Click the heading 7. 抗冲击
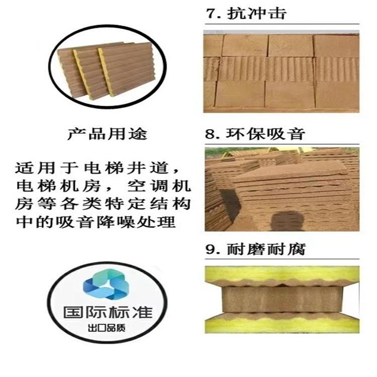click(246, 13)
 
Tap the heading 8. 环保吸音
click(255, 134)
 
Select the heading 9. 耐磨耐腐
click(255, 249)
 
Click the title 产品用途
click(107, 134)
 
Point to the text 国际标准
click(108, 312)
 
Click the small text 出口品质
click(107, 328)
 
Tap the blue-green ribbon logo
click(106, 286)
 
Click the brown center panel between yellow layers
click(282, 300)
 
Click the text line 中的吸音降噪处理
click(96, 222)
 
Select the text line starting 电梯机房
click(104, 186)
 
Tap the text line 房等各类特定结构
click(104, 204)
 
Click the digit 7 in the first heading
click(211, 14)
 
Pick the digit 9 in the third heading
click(210, 250)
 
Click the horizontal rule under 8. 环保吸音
click(282, 144)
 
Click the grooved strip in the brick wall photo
click(281, 69)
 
